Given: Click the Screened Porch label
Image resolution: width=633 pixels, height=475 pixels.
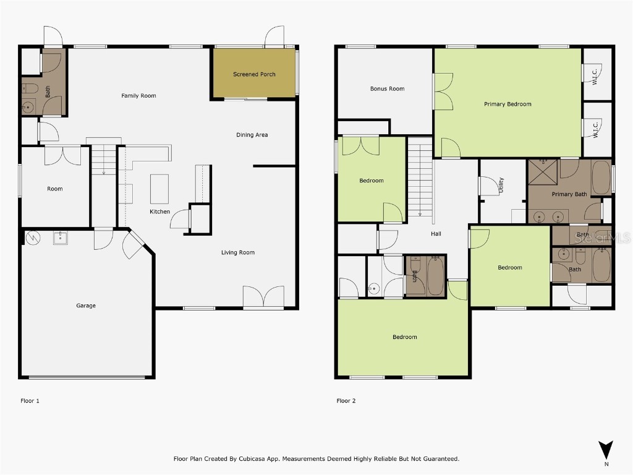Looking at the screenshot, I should pyautogui.click(x=254, y=74).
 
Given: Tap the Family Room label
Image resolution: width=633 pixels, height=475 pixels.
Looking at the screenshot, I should pyautogui.click(x=138, y=96).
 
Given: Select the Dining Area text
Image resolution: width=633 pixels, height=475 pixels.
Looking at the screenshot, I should pyautogui.click(x=252, y=135).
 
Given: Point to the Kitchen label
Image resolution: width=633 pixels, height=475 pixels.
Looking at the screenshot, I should pyautogui.click(x=159, y=212).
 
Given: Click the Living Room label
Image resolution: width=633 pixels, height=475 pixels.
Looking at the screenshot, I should pyautogui.click(x=238, y=252).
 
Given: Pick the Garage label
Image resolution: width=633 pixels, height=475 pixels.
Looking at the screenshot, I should pyautogui.click(x=86, y=306).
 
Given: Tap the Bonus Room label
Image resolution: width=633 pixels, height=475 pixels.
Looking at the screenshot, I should pyautogui.click(x=387, y=88).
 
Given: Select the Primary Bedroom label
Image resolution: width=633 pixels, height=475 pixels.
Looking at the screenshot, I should pyautogui.click(x=508, y=104).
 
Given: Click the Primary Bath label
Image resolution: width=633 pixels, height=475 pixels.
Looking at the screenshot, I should pyautogui.click(x=569, y=194).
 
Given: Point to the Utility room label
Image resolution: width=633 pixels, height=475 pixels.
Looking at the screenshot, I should pyautogui.click(x=501, y=185).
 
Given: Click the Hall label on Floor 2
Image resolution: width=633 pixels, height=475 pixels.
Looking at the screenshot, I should pyautogui.click(x=436, y=234).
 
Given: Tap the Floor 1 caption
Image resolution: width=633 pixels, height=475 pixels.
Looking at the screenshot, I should pyautogui.click(x=30, y=401).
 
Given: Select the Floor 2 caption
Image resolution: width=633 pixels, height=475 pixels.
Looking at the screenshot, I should pyautogui.click(x=346, y=401).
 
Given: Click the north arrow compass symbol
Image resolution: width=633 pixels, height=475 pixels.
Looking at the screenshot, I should pyautogui.click(x=606, y=450).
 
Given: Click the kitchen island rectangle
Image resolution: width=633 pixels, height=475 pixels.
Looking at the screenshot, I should pyautogui.click(x=159, y=189).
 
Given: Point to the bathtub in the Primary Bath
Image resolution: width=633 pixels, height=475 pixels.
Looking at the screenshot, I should pyautogui.click(x=601, y=178).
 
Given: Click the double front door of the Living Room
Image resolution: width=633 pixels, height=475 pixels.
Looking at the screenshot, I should pyautogui.click(x=263, y=297).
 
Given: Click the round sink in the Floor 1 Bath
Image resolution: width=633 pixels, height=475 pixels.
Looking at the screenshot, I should pyautogui.click(x=27, y=107).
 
